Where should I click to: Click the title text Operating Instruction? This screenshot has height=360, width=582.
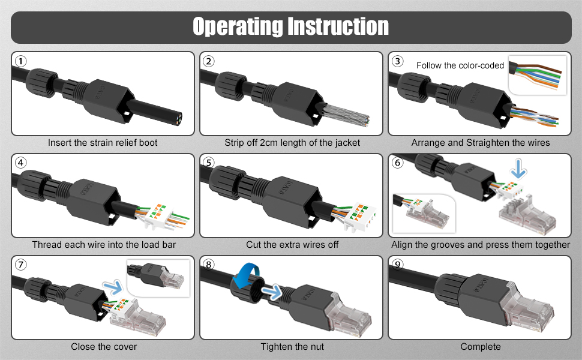(290, 27)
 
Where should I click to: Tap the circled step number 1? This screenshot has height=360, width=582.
(21, 61)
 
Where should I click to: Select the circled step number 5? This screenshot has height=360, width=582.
(209, 163)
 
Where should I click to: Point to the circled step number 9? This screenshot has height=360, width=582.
(397, 265)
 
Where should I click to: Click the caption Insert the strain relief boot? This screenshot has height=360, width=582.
(103, 143)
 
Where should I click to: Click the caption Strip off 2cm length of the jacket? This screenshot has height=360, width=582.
(292, 143)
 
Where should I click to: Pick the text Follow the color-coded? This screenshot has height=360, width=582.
(460, 65)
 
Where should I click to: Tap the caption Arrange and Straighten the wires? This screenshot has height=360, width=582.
(481, 143)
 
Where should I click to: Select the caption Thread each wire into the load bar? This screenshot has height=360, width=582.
(104, 245)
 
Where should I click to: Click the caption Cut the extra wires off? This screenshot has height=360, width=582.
(292, 245)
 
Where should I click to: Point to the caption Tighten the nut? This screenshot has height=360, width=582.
(292, 347)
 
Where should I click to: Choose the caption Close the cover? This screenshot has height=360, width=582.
(104, 347)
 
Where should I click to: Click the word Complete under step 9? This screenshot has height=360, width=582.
(481, 347)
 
